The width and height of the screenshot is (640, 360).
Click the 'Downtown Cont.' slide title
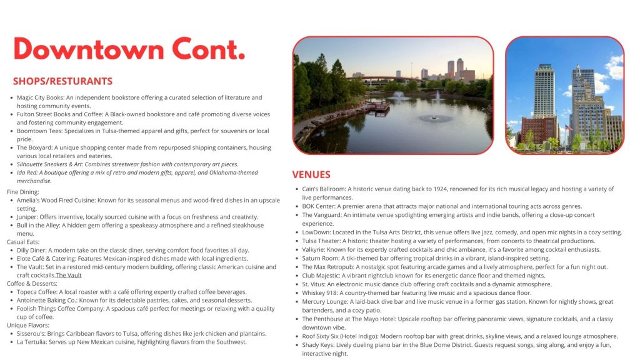coord(129,49)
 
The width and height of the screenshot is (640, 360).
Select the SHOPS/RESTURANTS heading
coord(62,81)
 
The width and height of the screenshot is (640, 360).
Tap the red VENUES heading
coord(311,174)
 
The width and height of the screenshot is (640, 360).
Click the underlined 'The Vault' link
coord(69,275)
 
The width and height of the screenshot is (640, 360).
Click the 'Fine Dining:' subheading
coord(23,192)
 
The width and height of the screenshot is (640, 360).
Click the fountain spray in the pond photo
coord(436,116)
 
